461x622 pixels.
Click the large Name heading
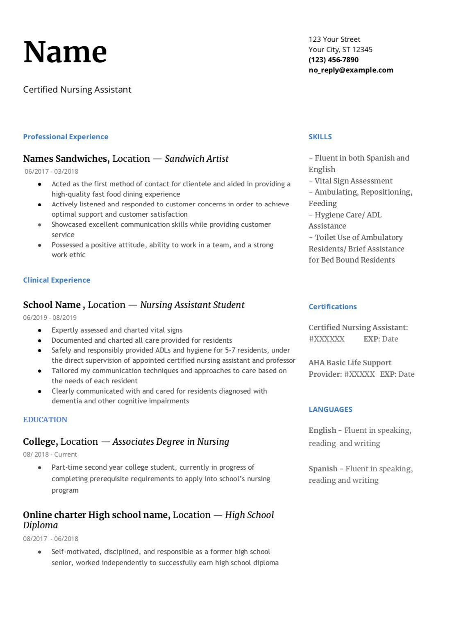point(65,52)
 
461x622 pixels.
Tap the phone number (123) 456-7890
point(333,60)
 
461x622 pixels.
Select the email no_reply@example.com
point(351,70)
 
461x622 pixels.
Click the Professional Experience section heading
point(66,137)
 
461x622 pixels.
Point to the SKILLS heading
point(320,137)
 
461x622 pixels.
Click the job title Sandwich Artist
point(196,159)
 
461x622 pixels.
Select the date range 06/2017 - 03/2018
point(51,172)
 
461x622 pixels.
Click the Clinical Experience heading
point(57,280)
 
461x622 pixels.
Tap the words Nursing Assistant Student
point(192,305)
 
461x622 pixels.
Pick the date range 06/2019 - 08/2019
point(50,318)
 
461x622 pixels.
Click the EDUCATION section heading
point(45,420)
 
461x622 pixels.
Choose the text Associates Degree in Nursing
point(171,442)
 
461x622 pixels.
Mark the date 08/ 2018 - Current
point(50,455)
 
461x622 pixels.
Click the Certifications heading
point(332,307)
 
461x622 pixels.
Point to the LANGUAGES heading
point(330,409)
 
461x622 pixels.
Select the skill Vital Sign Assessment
point(353,181)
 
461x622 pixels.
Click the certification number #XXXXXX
point(327,339)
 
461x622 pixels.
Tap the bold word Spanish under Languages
point(323,469)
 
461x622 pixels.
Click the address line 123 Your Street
point(334,39)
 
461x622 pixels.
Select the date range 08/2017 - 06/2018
point(50,539)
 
